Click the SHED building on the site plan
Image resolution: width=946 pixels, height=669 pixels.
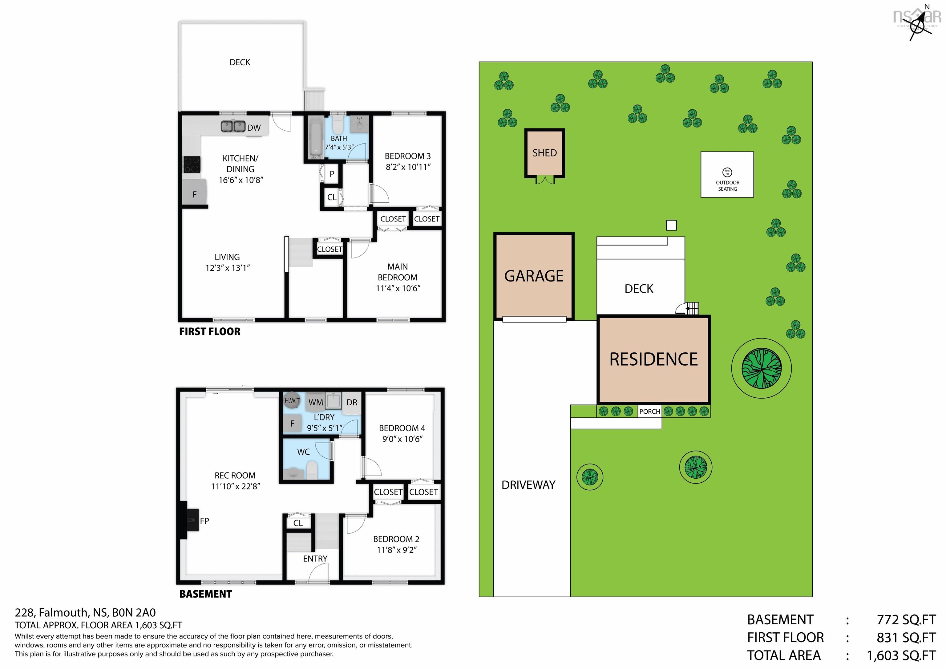click(x=544, y=153)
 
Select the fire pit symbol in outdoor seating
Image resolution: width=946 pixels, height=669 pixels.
click(x=727, y=172)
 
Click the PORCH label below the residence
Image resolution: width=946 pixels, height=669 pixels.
click(x=650, y=412)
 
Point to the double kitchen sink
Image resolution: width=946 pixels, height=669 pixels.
click(x=233, y=126)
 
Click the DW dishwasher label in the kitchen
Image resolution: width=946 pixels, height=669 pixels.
click(x=254, y=128)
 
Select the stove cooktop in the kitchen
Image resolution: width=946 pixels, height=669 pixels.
click(x=192, y=164)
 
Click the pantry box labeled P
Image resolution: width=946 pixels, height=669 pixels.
click(x=332, y=174)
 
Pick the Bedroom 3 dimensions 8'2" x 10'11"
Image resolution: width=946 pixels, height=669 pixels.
click(x=408, y=167)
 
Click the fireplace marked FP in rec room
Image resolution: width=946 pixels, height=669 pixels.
click(x=190, y=521)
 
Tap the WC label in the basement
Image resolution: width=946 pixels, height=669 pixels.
click(x=303, y=452)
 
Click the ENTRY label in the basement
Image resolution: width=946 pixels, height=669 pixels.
click(x=315, y=558)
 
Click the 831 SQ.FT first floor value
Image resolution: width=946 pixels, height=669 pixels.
click(x=906, y=638)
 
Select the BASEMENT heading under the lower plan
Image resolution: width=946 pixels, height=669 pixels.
click(x=206, y=594)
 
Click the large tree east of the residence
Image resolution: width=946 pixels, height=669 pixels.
click(x=762, y=368)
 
